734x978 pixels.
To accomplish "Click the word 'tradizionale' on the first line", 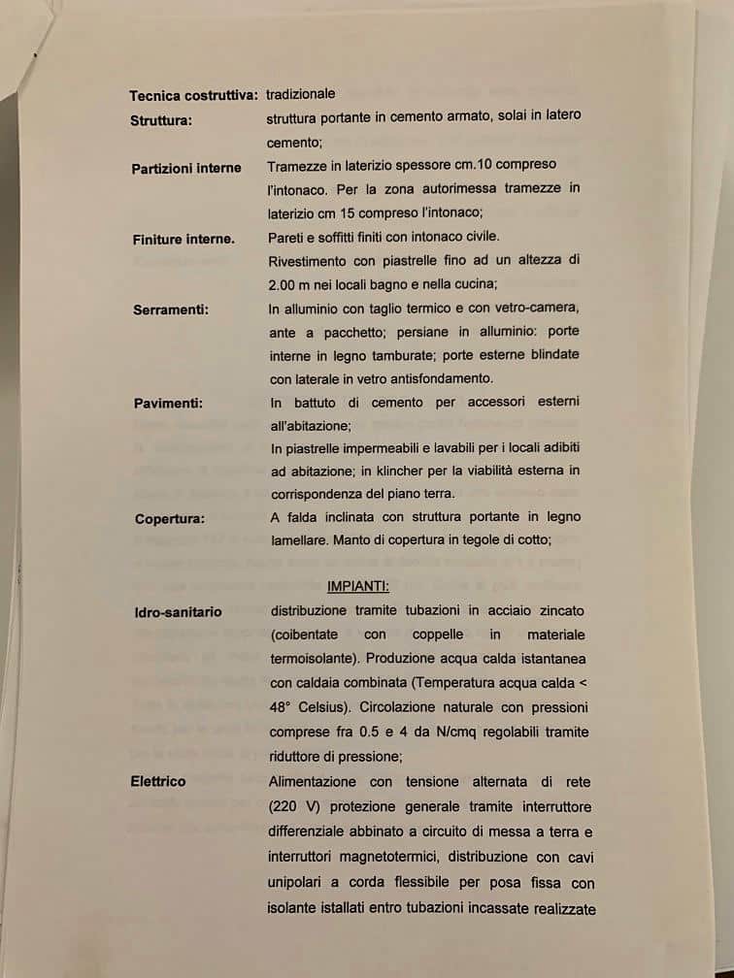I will (x=301, y=94).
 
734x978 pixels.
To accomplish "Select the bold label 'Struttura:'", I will (x=161, y=120).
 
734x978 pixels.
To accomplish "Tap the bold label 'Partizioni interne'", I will (x=186, y=168).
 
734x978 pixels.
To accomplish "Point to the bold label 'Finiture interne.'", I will (x=183, y=239).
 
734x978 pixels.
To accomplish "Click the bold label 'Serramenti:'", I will (x=171, y=310).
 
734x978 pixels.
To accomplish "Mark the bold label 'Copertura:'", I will (x=170, y=518).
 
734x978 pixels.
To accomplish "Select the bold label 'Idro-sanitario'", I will (x=179, y=612).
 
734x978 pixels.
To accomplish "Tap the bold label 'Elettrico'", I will (x=158, y=781).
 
